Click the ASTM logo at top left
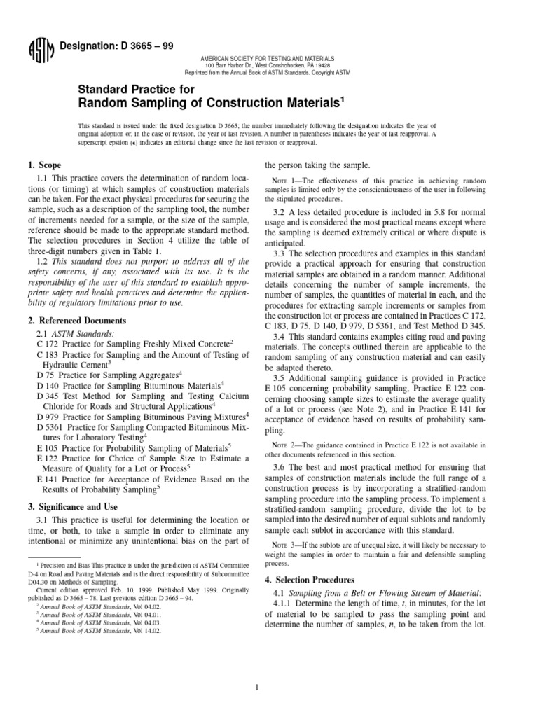pos(36,51)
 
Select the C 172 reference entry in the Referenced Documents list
pos(134,344)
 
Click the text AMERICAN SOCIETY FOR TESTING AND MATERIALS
pos(268,58)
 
